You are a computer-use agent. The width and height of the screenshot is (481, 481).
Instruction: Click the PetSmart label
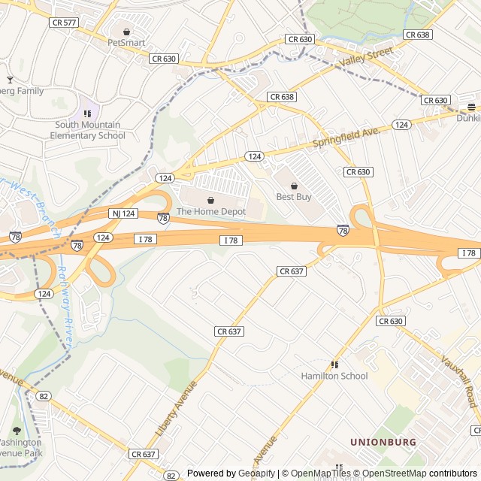pyautogui.click(x=126, y=43)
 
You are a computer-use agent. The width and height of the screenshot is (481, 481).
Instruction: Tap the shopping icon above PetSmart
pyautogui.click(x=126, y=32)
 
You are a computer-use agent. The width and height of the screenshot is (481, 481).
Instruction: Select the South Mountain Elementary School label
pyautogui.click(x=87, y=130)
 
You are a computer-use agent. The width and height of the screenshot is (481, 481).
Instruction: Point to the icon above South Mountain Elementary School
pyautogui.click(x=87, y=113)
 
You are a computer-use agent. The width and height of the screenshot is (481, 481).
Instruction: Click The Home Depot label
pyautogui.click(x=210, y=212)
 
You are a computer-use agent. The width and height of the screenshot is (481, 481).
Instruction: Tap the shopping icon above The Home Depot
pyautogui.click(x=210, y=201)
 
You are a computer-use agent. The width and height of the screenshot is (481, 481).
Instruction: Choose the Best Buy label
pyautogui.click(x=293, y=197)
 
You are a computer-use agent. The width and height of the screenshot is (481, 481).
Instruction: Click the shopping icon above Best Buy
pyautogui.click(x=293, y=186)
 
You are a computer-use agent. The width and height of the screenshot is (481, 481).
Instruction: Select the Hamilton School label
pyautogui.click(x=334, y=376)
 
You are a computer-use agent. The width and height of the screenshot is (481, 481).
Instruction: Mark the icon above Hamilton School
pyautogui.click(x=334, y=365)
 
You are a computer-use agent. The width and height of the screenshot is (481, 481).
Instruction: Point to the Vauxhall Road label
pyautogui.click(x=458, y=381)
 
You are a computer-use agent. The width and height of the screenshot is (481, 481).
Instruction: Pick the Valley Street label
pyautogui.click(x=366, y=56)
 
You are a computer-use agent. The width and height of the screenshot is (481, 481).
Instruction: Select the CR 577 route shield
pyautogui.click(x=64, y=23)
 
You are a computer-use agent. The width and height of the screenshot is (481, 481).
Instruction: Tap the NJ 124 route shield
pyautogui.click(x=124, y=213)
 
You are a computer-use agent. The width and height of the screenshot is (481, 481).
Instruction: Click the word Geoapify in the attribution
pyautogui.click(x=258, y=473)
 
